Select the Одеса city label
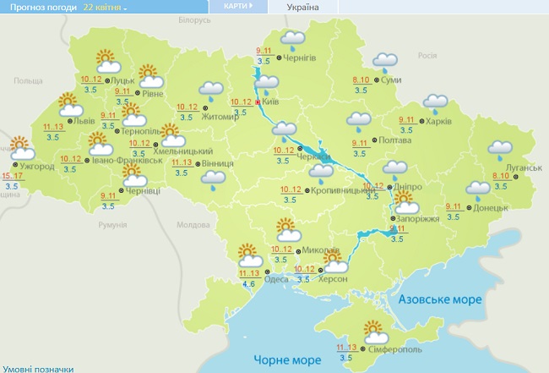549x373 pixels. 277,279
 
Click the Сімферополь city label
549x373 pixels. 396,350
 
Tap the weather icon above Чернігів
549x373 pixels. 292,39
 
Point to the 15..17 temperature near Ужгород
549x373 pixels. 14,175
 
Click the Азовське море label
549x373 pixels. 439,299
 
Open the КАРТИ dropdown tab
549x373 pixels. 237,6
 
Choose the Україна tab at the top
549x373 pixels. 303,7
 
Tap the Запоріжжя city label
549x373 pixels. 417,217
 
